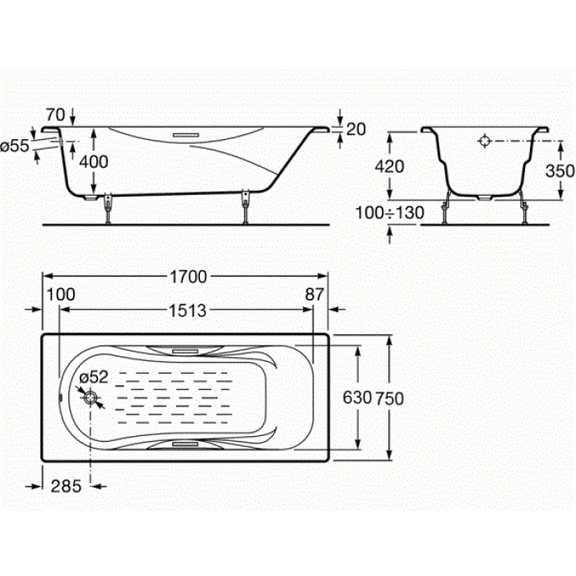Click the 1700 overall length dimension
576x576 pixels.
coord(188,276)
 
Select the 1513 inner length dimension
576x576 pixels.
coord(188,311)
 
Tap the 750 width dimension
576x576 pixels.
coord(389,398)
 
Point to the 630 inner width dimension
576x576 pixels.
coord(357,397)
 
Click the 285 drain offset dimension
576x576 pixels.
coord(66,486)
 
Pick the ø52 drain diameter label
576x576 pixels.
coord(94,377)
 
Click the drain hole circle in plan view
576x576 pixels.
coord(90,397)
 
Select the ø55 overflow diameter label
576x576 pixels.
coord(15,146)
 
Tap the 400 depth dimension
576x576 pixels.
coord(94,161)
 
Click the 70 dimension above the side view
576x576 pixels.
coord(55,115)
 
